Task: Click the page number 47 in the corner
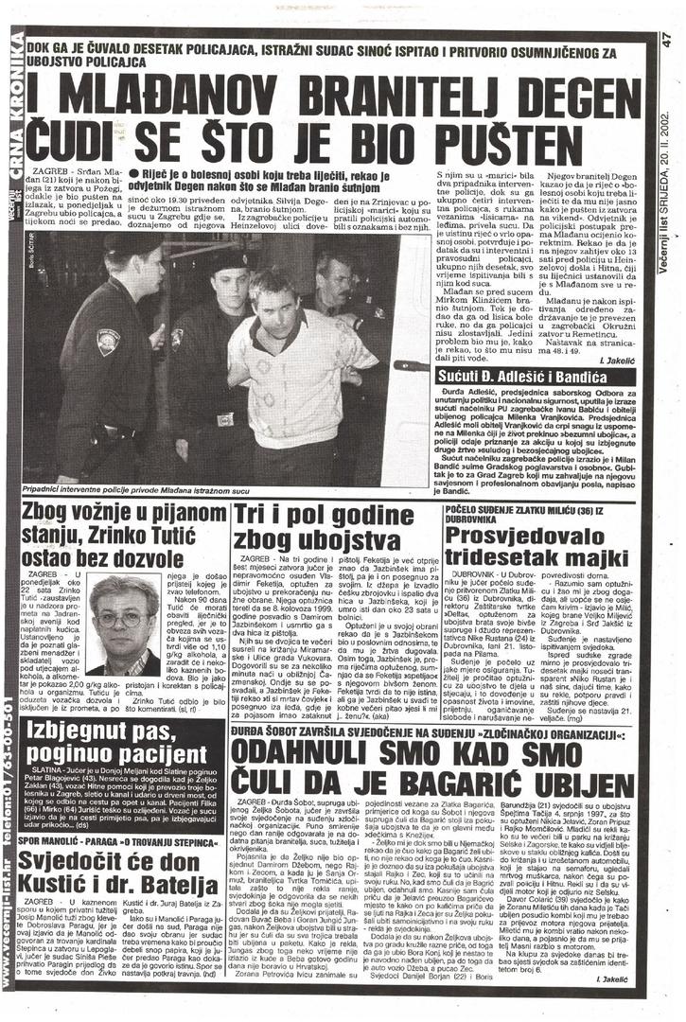[669, 41]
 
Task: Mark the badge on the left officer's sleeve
[108, 342]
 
